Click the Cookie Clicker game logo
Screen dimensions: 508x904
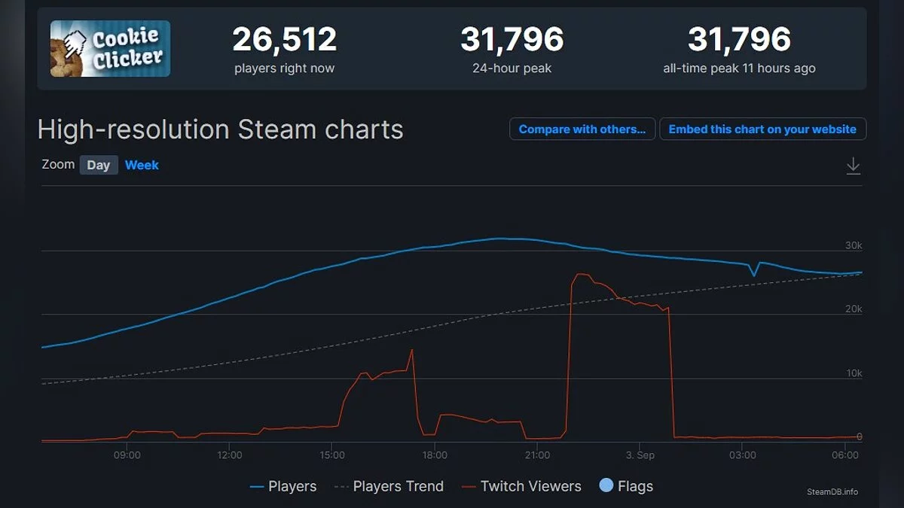[110, 48]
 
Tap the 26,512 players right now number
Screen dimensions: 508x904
[284, 40]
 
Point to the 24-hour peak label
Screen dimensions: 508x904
[512, 68]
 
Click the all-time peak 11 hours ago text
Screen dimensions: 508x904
[739, 68]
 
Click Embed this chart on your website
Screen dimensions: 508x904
[762, 129]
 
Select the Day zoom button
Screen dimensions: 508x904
[99, 165]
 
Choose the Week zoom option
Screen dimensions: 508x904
[142, 165]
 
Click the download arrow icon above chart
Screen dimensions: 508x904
[853, 166]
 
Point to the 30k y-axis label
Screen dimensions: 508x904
[854, 245]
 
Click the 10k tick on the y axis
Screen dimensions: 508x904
[854, 373]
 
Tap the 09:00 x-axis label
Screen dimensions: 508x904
[127, 455]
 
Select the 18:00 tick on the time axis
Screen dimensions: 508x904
[435, 455]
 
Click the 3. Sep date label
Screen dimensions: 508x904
[640, 455]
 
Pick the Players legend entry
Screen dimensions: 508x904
[284, 487]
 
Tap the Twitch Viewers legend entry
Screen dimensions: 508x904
[521, 487]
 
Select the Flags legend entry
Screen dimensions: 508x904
[626, 487]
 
